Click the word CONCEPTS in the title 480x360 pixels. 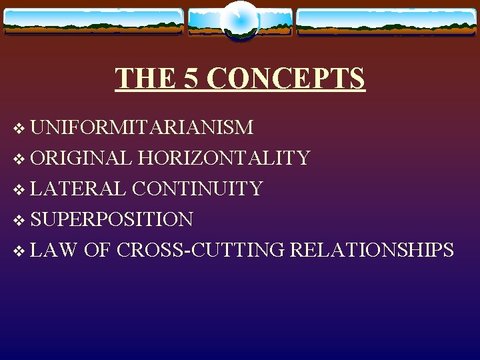pyautogui.click(x=286, y=79)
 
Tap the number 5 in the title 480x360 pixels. pyautogui.click(x=189, y=79)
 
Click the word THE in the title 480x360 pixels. pyautogui.click(x=145, y=79)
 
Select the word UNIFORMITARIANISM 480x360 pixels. pyautogui.click(x=141, y=127)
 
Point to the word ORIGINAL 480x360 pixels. pyautogui.click(x=81, y=158)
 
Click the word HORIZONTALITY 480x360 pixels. pyautogui.click(x=223, y=158)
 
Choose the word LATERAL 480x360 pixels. pyautogui.click(x=78, y=189)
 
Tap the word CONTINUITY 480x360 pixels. pyautogui.click(x=197, y=189)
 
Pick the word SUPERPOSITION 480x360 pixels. pyautogui.click(x=111, y=219)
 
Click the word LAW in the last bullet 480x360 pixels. pyautogui.click(x=54, y=250)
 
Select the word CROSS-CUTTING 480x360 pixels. pyautogui.click(x=201, y=250)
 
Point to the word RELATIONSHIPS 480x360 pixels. pyautogui.click(x=373, y=250)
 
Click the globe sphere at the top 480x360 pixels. pyautogui.click(x=240, y=20)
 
